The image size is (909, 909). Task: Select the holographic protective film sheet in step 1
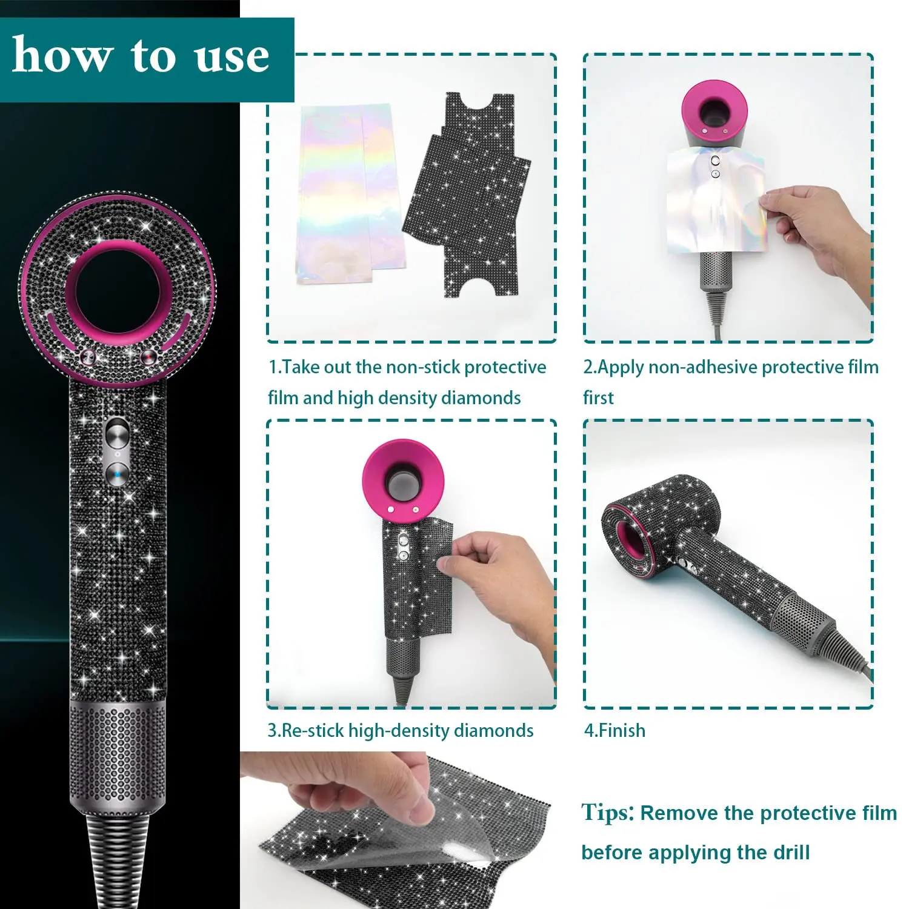coord(345,194)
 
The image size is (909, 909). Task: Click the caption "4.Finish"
coord(614,730)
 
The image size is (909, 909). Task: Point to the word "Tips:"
coord(608,813)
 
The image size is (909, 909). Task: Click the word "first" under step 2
coord(598,398)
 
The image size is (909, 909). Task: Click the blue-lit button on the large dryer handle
coord(117,473)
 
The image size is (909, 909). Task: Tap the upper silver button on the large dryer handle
coord(117,434)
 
